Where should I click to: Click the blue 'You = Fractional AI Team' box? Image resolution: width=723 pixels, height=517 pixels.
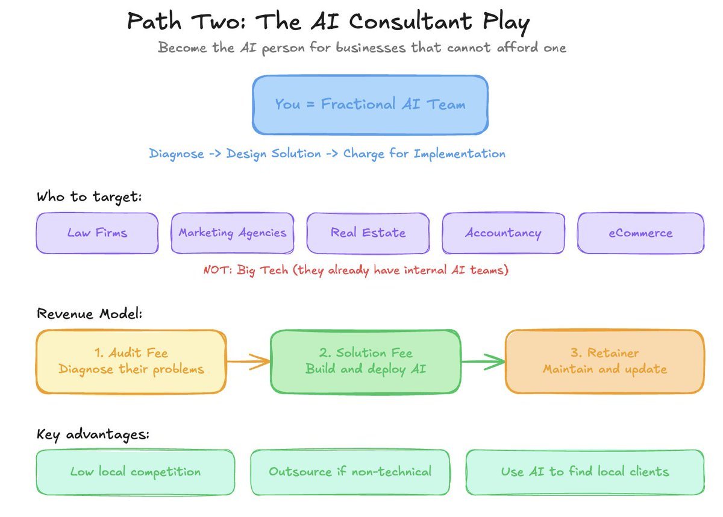[x=370, y=105]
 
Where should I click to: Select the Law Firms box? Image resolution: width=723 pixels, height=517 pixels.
[x=97, y=233]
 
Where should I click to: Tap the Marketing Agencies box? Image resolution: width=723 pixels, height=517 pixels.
[x=233, y=233]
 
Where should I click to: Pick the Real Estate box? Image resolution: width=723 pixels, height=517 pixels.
[x=368, y=233]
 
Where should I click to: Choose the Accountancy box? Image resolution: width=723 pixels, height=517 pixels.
[x=504, y=233]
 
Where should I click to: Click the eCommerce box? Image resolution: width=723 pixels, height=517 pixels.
[x=640, y=233]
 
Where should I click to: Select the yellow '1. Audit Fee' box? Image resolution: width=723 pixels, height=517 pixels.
[x=131, y=362]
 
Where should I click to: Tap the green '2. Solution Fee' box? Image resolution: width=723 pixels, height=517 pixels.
[x=365, y=362]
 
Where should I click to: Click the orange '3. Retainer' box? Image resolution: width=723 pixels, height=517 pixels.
[x=604, y=362]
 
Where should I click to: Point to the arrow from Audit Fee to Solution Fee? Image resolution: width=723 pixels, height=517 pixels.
[x=248, y=362]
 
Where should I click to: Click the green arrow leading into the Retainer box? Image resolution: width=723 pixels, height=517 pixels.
[x=483, y=362]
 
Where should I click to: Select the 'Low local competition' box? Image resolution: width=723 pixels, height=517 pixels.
[x=136, y=472]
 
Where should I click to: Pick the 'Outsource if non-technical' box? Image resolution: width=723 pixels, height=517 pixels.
[x=350, y=472]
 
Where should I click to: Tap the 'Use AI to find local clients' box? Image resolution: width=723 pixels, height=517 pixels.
[x=585, y=472]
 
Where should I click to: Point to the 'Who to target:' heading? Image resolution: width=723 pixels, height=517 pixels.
[x=89, y=197]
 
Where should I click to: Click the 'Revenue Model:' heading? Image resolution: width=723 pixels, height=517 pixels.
[x=90, y=314]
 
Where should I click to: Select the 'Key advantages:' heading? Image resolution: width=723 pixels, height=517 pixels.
[x=93, y=434]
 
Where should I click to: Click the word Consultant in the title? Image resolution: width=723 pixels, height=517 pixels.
[x=410, y=22]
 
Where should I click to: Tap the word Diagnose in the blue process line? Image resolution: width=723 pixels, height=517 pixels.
[x=177, y=154]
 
